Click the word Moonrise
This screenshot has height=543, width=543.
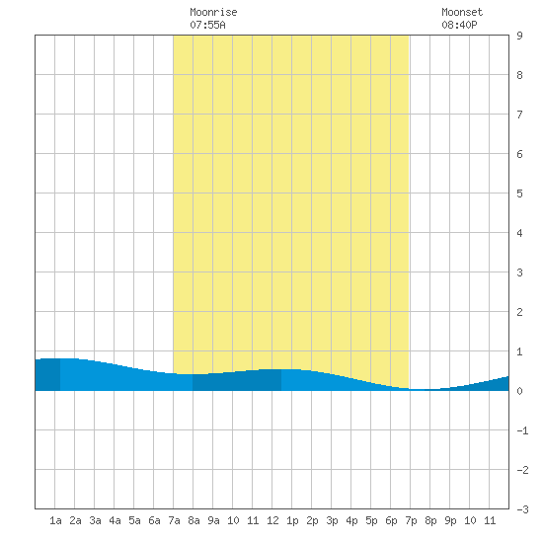(x=213, y=12)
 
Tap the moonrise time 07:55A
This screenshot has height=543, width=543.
(x=207, y=25)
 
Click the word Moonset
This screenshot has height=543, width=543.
(x=462, y=12)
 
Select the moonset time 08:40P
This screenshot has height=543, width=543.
(x=459, y=25)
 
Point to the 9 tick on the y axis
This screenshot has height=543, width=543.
(x=519, y=36)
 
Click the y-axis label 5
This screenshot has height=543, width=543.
(x=519, y=194)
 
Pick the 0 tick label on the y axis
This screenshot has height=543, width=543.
(x=519, y=391)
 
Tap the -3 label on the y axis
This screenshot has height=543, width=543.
(x=522, y=509)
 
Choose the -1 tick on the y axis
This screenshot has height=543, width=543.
(x=522, y=430)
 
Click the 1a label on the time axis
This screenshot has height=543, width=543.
(x=55, y=520)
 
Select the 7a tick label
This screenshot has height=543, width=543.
(x=174, y=520)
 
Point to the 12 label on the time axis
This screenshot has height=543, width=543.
(x=272, y=520)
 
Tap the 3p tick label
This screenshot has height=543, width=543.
(x=332, y=520)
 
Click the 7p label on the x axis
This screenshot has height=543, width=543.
(x=411, y=520)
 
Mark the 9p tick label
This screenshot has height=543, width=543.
(x=450, y=520)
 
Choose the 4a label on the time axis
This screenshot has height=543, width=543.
(x=115, y=520)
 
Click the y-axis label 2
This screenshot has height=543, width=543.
(x=519, y=312)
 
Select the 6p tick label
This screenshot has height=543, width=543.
(x=391, y=520)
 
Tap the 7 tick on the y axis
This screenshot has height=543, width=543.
(x=519, y=115)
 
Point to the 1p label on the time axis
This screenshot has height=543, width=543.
(x=292, y=520)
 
